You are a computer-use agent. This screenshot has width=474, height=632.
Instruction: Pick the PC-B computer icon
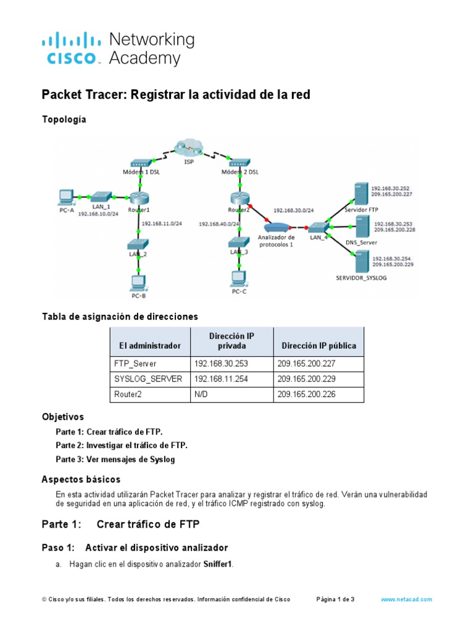(138, 282)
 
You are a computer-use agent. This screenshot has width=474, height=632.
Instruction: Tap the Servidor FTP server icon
(359, 193)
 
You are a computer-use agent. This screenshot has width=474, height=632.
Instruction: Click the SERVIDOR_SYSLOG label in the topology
(361, 278)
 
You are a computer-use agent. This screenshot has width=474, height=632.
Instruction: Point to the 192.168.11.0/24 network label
(162, 224)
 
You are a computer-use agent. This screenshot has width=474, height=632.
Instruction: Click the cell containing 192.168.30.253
(221, 364)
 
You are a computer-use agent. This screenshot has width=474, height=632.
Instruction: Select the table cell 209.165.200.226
(307, 394)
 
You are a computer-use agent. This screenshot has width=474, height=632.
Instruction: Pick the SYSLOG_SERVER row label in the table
(148, 379)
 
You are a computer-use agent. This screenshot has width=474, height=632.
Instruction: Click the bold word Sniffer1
(218, 564)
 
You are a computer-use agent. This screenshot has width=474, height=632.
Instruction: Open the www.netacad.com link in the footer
(406, 599)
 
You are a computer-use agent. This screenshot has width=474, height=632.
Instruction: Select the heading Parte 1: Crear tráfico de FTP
(120, 525)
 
